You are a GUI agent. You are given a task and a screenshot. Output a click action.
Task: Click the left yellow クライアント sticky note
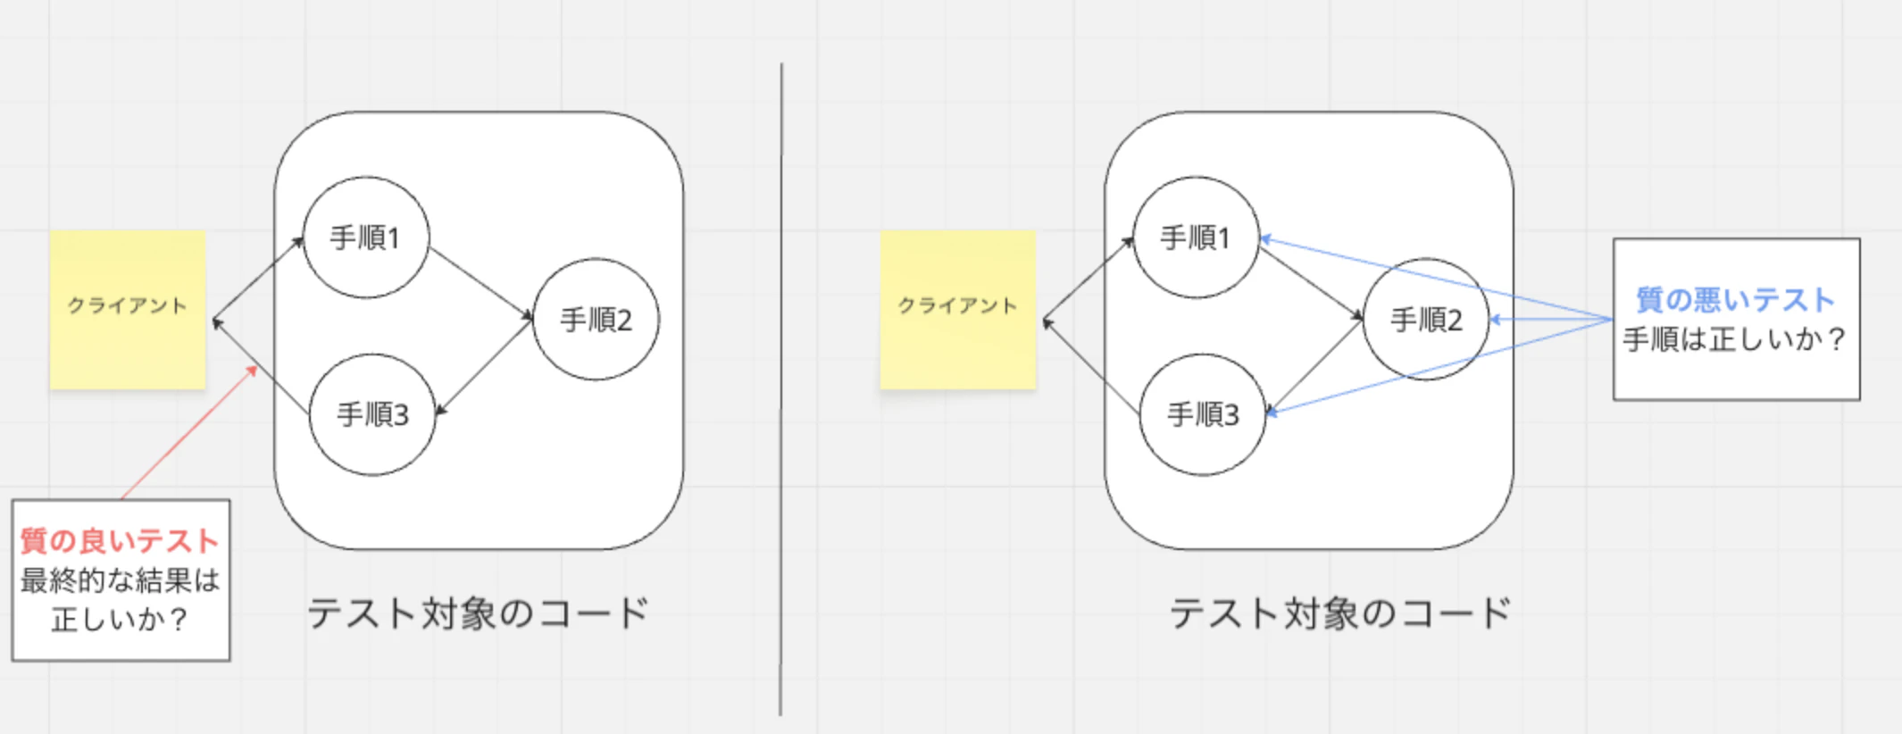pos(128,310)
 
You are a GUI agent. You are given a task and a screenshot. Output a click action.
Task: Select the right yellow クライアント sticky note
pos(958,310)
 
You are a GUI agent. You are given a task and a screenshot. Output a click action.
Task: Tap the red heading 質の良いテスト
pos(120,541)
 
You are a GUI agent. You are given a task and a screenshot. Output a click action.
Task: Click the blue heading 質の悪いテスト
pos(1736,300)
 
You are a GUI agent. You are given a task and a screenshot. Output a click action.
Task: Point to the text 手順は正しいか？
pos(1736,339)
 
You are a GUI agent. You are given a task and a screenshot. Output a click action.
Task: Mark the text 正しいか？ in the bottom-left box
pos(120,619)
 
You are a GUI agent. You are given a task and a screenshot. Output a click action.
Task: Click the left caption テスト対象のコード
pos(479,613)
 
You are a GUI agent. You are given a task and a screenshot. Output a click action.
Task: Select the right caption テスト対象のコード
pos(1341,613)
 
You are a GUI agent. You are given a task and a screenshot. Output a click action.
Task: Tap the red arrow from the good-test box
pos(189,432)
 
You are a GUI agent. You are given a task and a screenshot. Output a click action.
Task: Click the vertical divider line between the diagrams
pos(781,389)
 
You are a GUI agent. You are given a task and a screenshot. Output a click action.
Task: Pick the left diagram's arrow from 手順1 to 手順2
pos(481,283)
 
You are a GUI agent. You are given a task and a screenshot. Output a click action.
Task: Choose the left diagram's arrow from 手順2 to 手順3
pos(484,367)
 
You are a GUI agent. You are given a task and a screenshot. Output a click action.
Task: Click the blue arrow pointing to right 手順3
pos(1439,367)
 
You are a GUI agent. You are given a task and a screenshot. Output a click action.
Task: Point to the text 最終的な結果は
pos(120,580)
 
